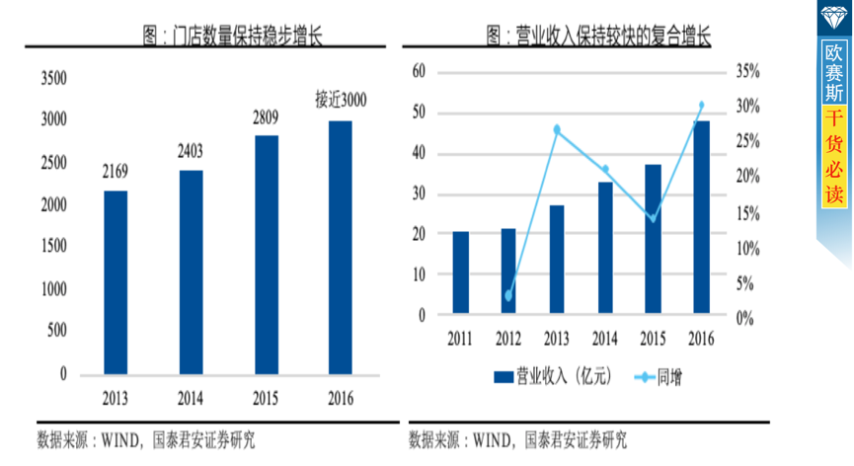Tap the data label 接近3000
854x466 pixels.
coord(341,100)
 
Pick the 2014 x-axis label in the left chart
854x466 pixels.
coord(192,399)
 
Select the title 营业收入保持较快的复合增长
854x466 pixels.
coord(599,37)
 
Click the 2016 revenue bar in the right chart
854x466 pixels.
coord(701,217)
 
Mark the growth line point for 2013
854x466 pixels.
coord(557,129)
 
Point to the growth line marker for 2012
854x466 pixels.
coord(508,295)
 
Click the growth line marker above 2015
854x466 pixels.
coord(653,217)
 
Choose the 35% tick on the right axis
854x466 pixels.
coord(747,71)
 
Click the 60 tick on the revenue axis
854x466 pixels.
coord(419,71)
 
